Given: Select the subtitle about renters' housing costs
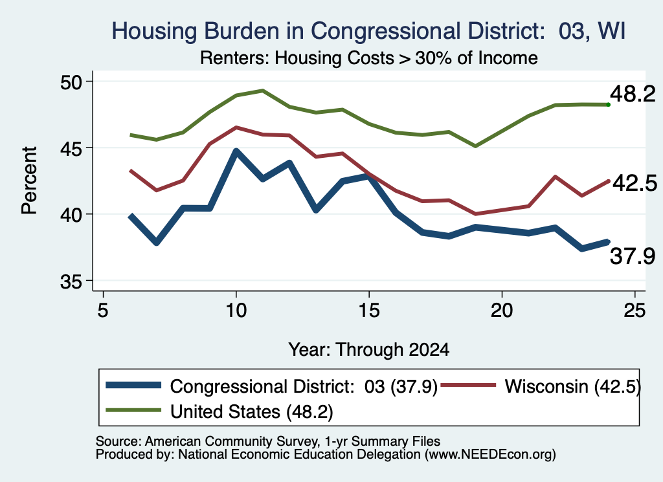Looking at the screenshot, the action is pos(368,58).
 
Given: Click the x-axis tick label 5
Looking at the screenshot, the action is pos(103,311).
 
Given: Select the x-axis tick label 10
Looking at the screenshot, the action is pos(236,311).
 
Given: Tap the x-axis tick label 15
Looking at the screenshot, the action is pos(368,311).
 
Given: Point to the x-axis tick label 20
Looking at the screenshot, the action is pos(502,311).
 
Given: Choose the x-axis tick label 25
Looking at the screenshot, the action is pos(635,311).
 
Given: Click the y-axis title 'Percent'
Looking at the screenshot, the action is pos(29,181).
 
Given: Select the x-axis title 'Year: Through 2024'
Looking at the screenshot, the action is pos(368,350).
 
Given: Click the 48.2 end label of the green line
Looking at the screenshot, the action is pos(633,94).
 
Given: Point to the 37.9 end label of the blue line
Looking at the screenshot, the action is pos(633,256).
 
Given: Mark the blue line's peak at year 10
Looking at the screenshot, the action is pos(236,151).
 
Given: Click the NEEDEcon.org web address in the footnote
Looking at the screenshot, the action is pos(491,455).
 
